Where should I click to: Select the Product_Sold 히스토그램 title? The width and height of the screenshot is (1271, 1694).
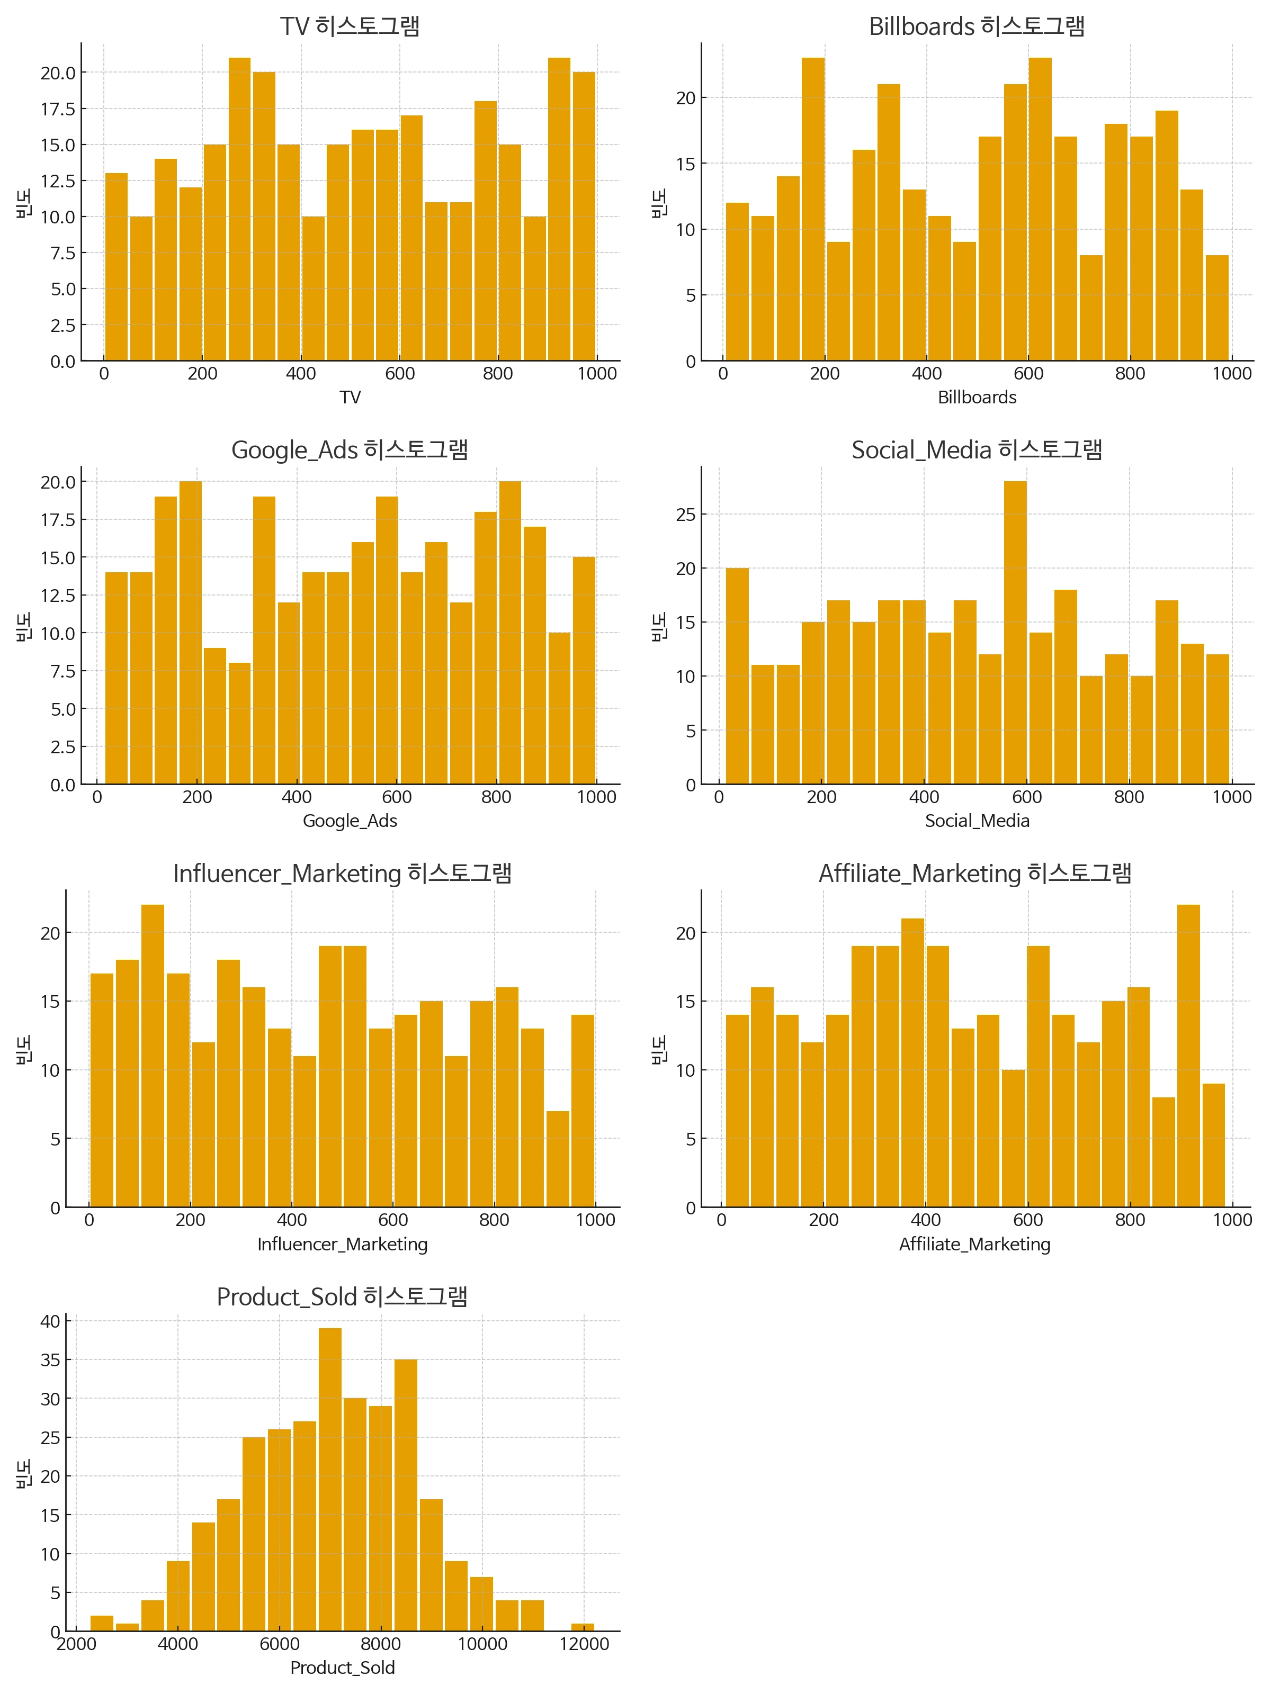(342, 1296)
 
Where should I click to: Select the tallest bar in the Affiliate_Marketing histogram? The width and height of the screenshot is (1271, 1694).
(1188, 1056)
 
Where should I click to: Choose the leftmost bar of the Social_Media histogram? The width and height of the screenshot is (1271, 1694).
(737, 676)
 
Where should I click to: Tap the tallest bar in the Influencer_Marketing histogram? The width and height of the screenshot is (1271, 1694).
(153, 1056)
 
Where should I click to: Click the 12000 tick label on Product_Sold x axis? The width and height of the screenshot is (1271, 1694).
(584, 1644)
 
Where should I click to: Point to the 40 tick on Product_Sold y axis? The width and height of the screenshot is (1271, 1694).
(50, 1321)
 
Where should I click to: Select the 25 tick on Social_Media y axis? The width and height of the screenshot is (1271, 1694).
(686, 515)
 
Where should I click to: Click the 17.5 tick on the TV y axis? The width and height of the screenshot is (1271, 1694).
(58, 109)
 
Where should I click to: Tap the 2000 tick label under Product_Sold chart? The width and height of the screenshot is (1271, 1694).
(77, 1644)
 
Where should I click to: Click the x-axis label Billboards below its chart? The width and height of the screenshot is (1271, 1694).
(977, 398)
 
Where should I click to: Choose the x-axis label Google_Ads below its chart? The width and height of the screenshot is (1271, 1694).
(350, 821)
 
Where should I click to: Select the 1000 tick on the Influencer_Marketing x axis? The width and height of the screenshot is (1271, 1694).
(595, 1220)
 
